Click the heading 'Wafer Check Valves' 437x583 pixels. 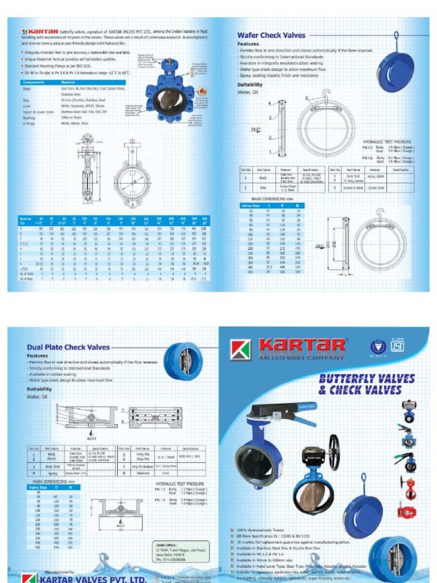coord(271,35)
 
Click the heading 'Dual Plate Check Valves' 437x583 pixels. coord(68,347)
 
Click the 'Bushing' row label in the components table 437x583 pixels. coord(28,117)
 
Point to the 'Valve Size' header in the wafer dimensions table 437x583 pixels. coord(251,205)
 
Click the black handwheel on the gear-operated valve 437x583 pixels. coord(333,453)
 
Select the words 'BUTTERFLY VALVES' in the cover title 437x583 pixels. coord(366,379)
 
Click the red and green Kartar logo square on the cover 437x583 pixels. coord(241,349)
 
